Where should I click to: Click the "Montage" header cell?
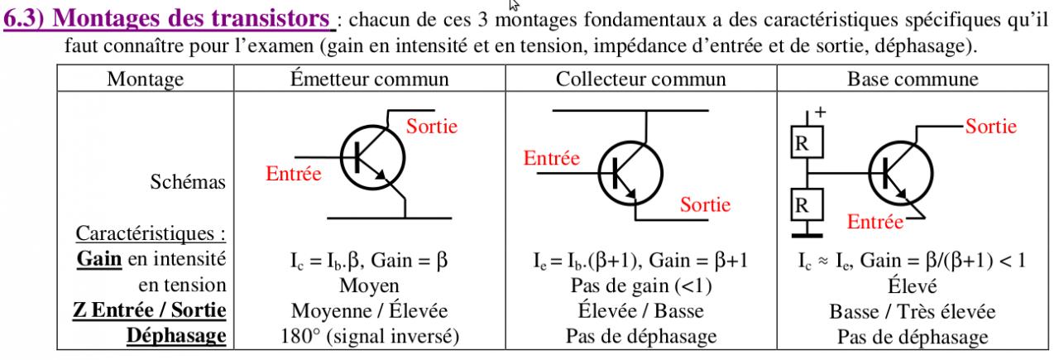click(x=146, y=79)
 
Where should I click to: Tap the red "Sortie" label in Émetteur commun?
click(x=430, y=127)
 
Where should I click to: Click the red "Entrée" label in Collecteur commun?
click(x=552, y=160)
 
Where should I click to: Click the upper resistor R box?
click(x=801, y=144)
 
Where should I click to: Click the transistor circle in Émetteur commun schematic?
click(x=372, y=158)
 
